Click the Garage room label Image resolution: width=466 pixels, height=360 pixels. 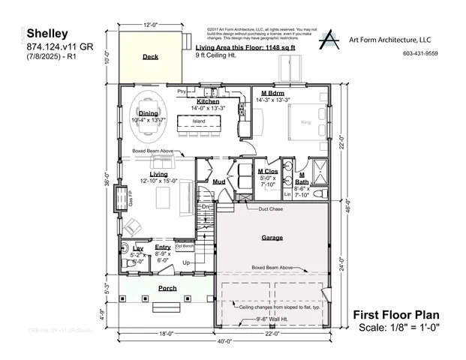click(272, 236)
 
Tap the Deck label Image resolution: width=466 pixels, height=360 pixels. click(150, 56)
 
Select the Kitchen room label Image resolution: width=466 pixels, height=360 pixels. click(208, 101)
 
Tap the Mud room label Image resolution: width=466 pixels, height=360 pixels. click(219, 181)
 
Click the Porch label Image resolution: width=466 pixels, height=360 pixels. click(167, 288)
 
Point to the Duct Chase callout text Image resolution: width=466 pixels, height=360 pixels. click(271, 209)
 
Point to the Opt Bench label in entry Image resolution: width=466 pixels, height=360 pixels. click(185, 246)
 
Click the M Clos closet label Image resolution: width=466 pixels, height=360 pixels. click(268, 172)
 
